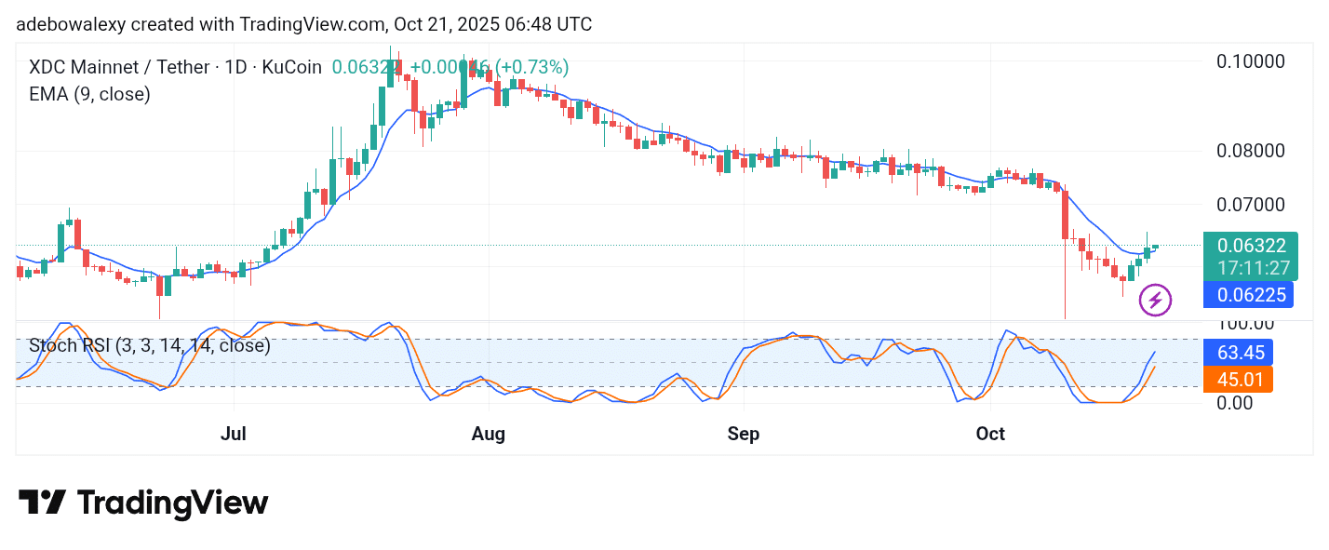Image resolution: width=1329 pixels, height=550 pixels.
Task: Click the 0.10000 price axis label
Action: tap(1252, 61)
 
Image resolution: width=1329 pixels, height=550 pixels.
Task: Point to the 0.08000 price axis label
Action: tap(1252, 151)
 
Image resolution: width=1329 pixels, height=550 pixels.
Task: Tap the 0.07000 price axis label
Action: tap(1252, 204)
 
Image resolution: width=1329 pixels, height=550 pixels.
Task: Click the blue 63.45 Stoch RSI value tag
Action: tap(1246, 353)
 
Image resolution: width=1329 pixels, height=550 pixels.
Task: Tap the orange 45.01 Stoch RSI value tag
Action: tap(1246, 379)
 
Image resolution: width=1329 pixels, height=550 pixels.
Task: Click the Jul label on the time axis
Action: tap(235, 434)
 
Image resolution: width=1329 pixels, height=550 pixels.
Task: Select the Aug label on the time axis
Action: tap(489, 434)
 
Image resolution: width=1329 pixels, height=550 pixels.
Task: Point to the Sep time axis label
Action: tap(744, 434)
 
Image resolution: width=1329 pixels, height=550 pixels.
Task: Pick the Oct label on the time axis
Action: tap(990, 434)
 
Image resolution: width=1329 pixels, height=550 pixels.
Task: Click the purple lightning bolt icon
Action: tap(1156, 300)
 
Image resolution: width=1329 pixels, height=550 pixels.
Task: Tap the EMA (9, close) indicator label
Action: tap(89, 94)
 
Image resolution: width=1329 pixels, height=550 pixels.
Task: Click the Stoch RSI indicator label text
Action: tap(149, 345)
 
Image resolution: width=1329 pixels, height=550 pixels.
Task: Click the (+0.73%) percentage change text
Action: tap(531, 67)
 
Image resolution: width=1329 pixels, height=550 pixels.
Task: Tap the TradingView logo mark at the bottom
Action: tap(42, 503)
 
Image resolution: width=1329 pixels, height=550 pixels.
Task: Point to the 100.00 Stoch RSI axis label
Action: tap(1247, 324)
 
